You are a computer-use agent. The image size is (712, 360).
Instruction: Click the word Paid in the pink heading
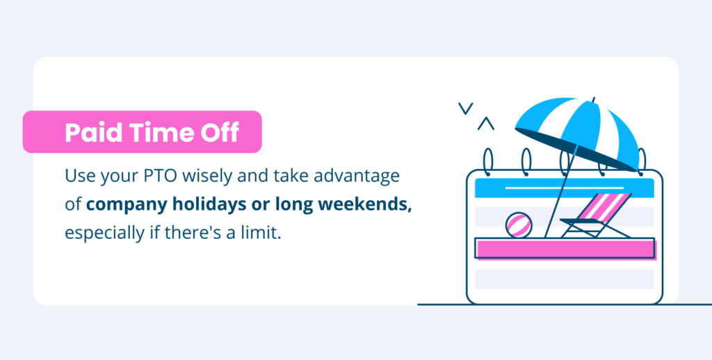point(94,133)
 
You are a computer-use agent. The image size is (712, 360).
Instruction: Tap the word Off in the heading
point(220,133)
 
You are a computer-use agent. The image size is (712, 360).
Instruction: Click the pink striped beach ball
point(519,225)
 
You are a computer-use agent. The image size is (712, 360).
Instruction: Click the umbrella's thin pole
point(560,193)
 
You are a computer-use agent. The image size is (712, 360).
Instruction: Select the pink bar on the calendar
point(565,249)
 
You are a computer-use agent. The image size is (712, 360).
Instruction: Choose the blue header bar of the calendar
point(565,188)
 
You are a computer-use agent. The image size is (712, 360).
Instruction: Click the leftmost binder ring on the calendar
point(487,162)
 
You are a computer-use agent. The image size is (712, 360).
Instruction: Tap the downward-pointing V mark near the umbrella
point(465,108)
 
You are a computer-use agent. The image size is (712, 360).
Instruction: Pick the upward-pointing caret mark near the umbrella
point(486,124)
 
